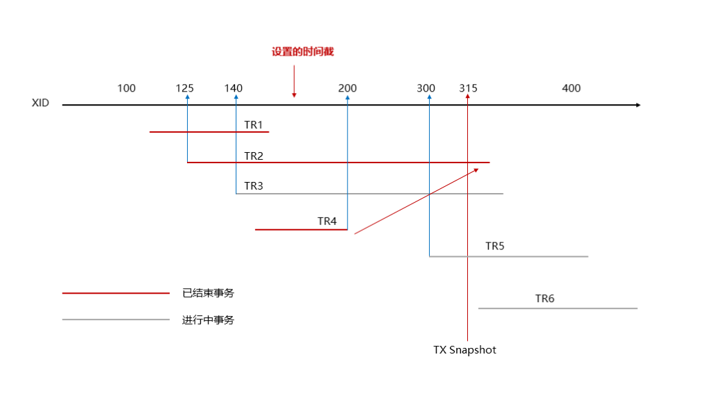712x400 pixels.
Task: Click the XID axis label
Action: (x=40, y=103)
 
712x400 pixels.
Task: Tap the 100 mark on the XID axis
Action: (x=127, y=88)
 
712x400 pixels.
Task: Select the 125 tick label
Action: (x=185, y=88)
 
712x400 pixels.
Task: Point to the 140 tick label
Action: (x=234, y=88)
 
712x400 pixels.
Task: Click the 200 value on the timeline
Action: (x=348, y=88)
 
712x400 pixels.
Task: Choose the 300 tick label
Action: (x=426, y=88)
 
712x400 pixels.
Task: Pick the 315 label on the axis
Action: (x=469, y=88)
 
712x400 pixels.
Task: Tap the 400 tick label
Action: (x=572, y=88)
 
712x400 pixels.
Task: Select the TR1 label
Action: (x=254, y=125)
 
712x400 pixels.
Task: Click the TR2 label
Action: (x=254, y=156)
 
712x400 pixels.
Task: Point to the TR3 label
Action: (x=254, y=186)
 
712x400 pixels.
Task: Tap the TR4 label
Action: (x=327, y=221)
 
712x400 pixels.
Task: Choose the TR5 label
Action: (x=495, y=246)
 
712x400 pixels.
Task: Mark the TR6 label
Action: (x=545, y=299)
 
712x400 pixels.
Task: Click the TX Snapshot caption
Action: (x=464, y=350)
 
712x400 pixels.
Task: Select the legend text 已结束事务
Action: (x=209, y=293)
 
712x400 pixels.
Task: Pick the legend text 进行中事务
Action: (x=209, y=320)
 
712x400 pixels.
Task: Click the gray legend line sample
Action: (x=116, y=319)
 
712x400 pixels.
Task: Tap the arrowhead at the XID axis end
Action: (x=638, y=105)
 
